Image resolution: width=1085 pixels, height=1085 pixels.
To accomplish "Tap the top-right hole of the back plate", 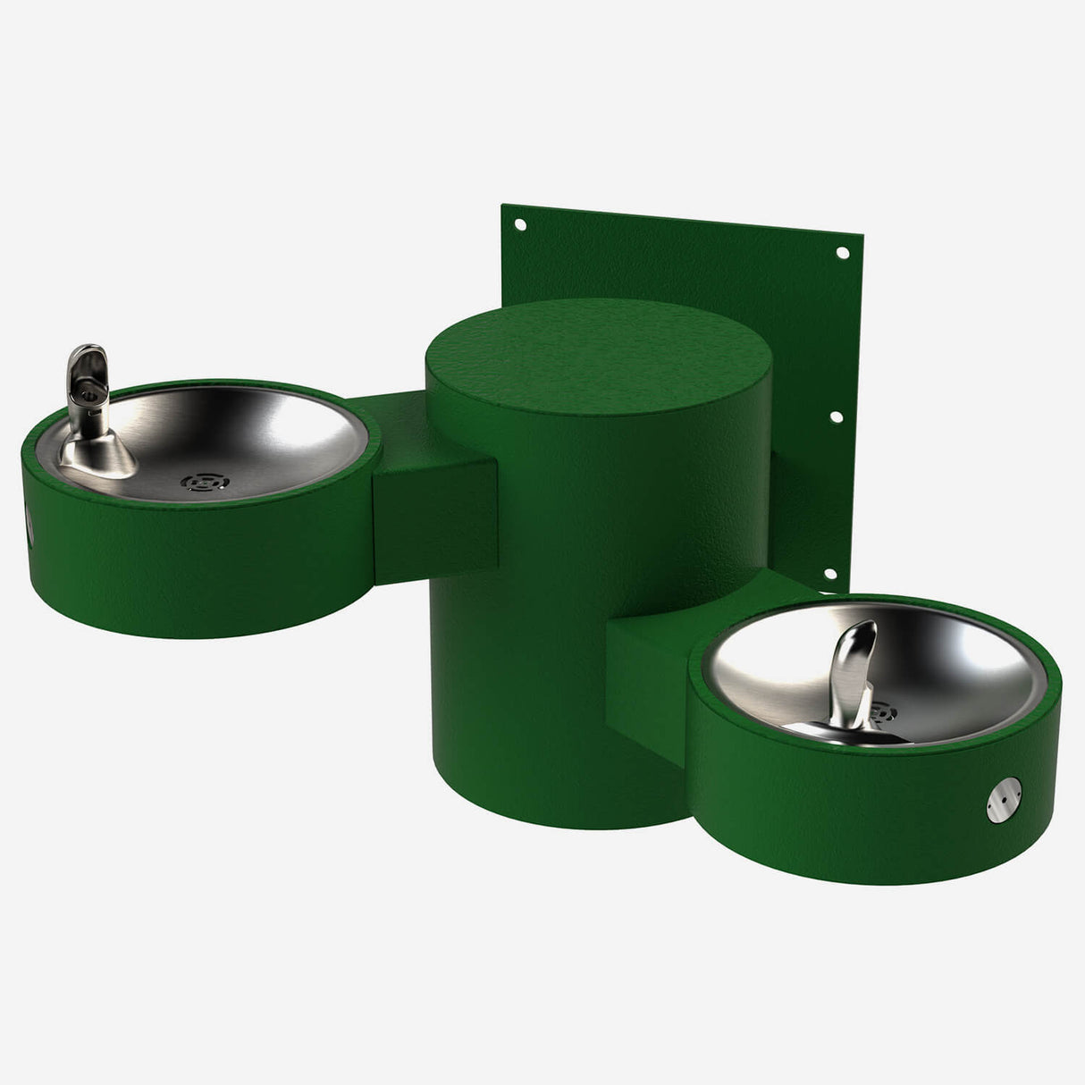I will (841, 253).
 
